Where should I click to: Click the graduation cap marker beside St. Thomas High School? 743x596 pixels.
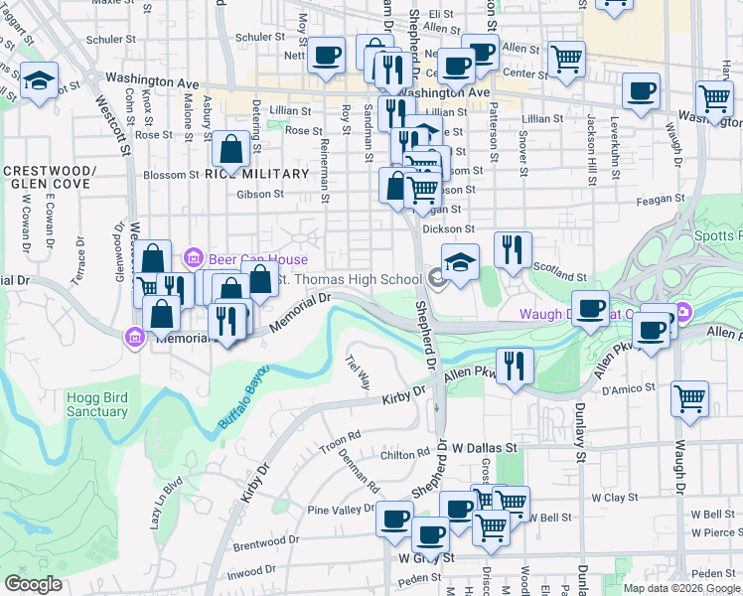point(460,263)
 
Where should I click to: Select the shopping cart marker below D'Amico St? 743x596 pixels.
point(689,399)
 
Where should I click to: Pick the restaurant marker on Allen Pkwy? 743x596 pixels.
point(514,366)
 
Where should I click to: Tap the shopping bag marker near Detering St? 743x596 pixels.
point(230,150)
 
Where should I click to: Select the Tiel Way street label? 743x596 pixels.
point(358,371)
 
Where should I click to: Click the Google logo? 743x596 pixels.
point(34,584)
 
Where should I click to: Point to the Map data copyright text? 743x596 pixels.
point(680,588)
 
